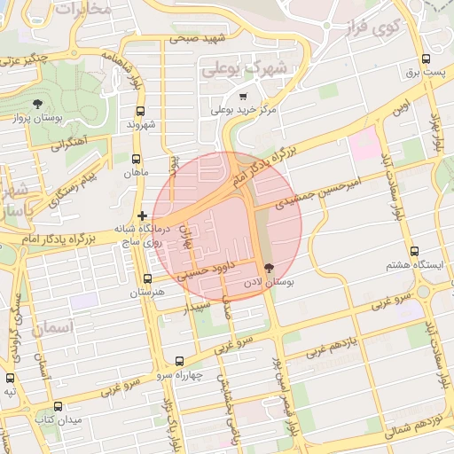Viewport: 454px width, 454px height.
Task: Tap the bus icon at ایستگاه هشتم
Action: [415, 252]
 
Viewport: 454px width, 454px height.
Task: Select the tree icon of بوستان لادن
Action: [269, 267]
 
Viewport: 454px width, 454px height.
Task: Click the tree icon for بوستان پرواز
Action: [36, 106]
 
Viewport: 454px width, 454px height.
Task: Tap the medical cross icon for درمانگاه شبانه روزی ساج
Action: [142, 215]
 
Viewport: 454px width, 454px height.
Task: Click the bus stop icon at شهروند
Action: [140, 111]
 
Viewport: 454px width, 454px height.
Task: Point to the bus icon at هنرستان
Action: [147, 278]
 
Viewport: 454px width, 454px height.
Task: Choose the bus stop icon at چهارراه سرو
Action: [181, 361]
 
